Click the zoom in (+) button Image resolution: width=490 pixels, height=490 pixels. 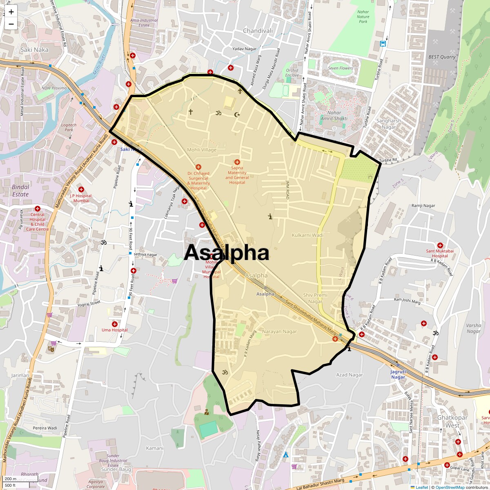tap(11, 11)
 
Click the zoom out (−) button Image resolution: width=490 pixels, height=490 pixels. tap(11, 24)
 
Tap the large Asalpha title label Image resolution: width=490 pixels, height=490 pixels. tap(226, 253)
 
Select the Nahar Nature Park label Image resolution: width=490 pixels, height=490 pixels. tap(363, 17)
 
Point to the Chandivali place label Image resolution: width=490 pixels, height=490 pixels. tap(258, 31)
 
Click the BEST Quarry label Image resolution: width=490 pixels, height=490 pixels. tap(442, 57)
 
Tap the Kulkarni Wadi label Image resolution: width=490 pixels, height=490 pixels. tap(307, 235)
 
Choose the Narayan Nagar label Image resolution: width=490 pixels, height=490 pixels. tap(280, 332)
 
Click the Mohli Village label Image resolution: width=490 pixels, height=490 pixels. tap(202, 150)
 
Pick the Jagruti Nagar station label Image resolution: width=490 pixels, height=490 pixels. tap(398, 374)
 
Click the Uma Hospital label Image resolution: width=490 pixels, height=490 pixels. tap(114, 330)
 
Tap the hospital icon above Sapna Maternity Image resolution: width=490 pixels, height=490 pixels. tap(237, 162)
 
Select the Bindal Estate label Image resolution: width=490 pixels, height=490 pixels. tap(21, 191)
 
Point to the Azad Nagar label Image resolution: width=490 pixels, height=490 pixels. tap(349, 375)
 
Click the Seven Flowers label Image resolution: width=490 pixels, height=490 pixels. tap(341, 68)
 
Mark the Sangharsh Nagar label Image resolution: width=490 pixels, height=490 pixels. tap(389, 124)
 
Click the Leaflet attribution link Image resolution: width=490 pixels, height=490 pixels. tap(421, 487)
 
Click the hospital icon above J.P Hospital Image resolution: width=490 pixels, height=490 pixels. tap(81, 189)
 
